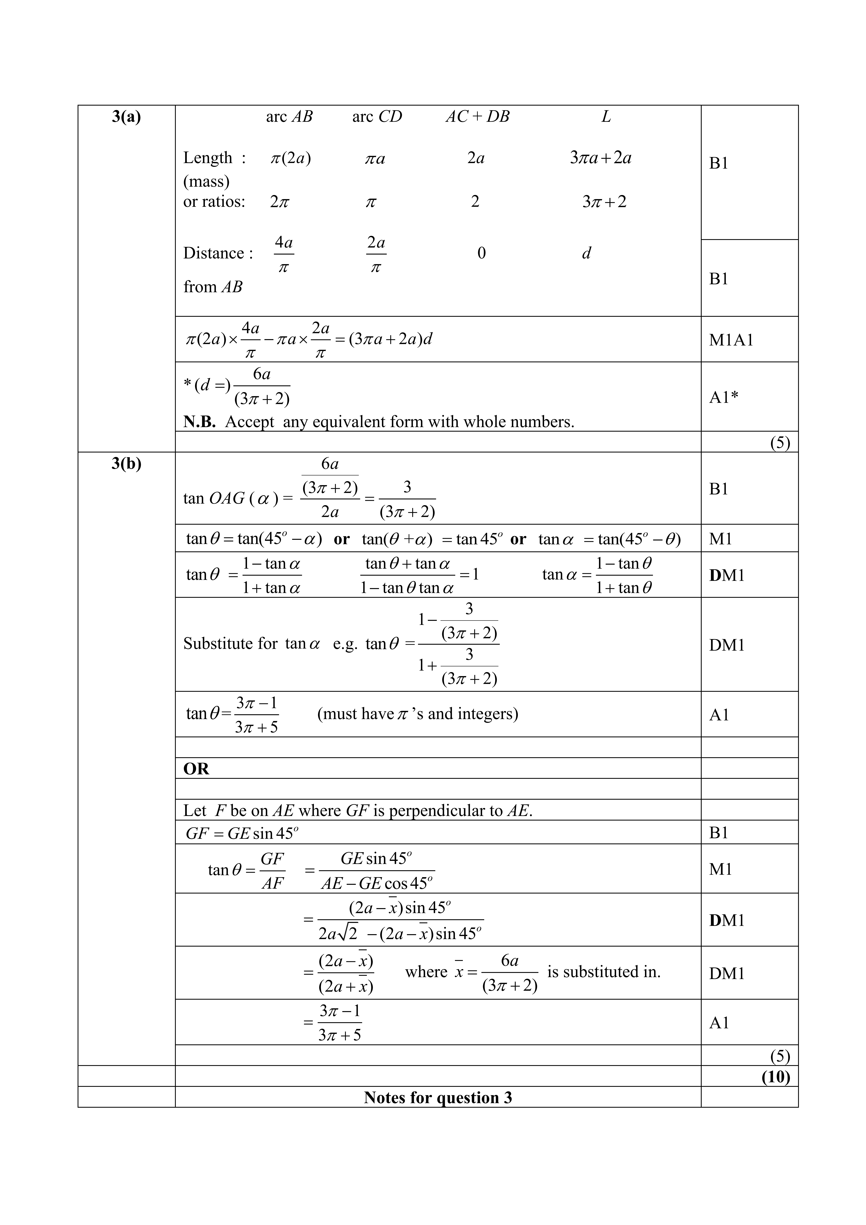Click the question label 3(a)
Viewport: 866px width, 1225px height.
coord(126,117)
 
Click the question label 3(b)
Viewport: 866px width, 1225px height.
coord(126,464)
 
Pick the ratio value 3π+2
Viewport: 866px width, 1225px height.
coord(604,202)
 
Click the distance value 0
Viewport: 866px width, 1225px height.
coord(482,253)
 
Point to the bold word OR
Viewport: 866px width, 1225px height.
coord(196,769)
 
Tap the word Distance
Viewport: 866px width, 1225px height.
coord(214,253)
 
